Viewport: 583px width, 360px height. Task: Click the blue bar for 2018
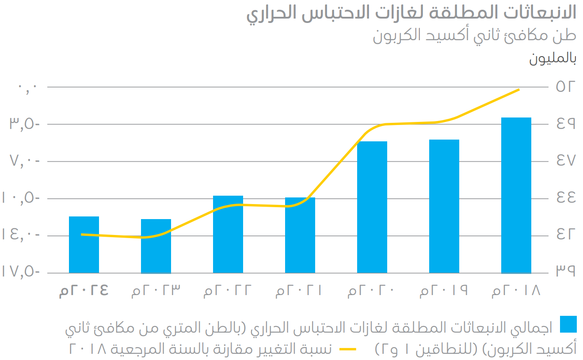click(x=516, y=195)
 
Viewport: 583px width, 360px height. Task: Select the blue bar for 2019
click(x=444, y=206)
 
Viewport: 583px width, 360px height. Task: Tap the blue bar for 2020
click(x=372, y=207)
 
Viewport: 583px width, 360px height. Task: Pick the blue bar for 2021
click(x=300, y=235)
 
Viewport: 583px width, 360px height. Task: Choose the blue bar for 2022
click(x=228, y=234)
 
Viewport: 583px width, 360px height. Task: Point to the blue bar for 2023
click(x=156, y=246)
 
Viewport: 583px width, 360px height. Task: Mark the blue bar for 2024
click(x=84, y=245)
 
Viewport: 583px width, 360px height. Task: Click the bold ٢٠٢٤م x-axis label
click(x=84, y=291)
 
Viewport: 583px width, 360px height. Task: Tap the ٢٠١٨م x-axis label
click(x=516, y=291)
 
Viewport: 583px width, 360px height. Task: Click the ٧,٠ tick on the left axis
click(x=24, y=161)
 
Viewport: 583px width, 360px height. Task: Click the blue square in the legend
click(x=568, y=324)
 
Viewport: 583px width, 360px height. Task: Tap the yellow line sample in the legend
click(x=348, y=349)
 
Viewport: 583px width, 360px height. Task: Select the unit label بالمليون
click(x=553, y=59)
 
